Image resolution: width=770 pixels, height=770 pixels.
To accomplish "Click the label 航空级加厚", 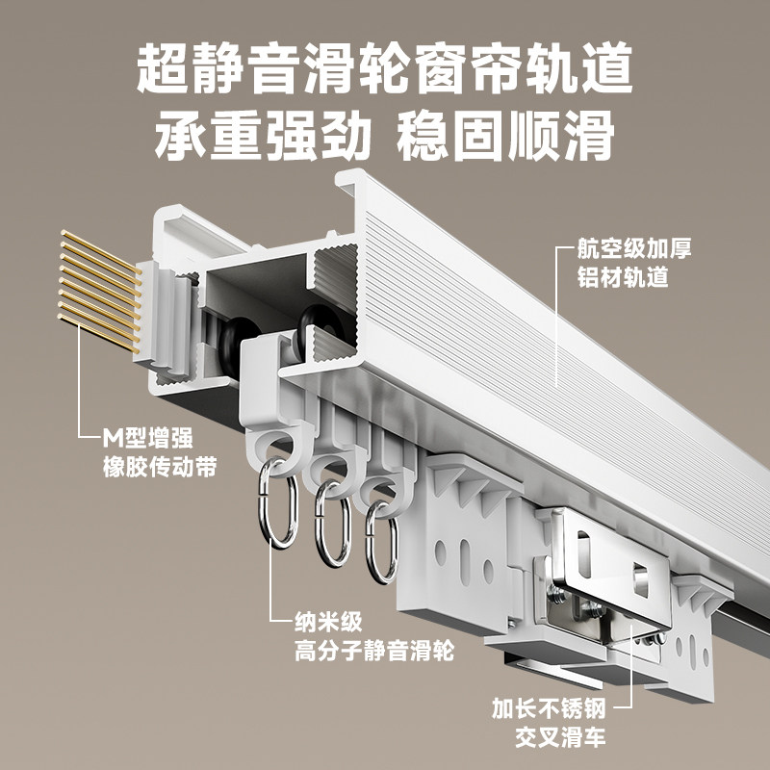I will (x=634, y=248).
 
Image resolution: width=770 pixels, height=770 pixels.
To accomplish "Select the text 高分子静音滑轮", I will (x=373, y=652).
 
